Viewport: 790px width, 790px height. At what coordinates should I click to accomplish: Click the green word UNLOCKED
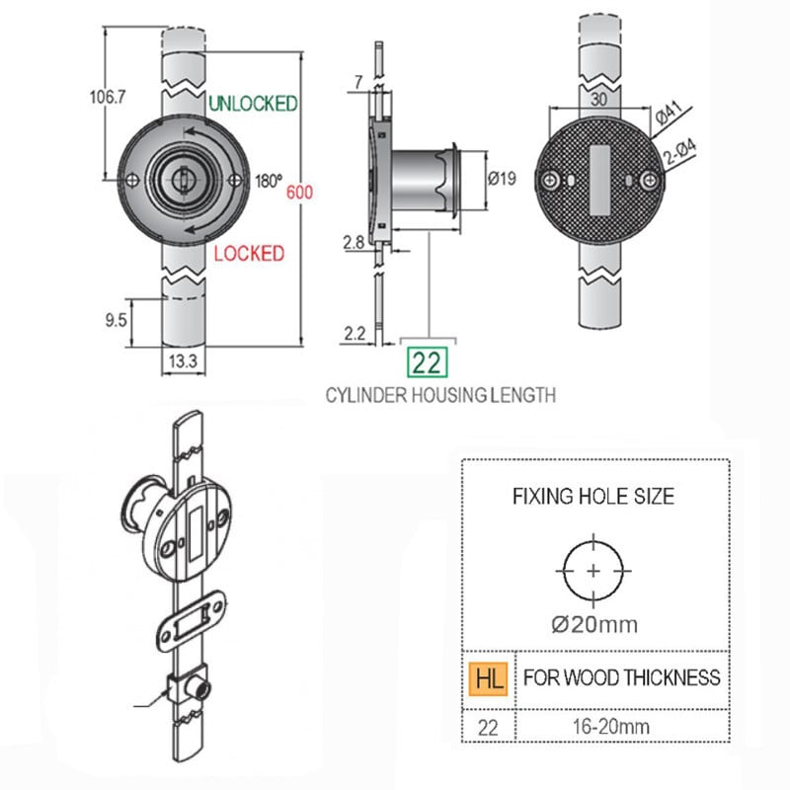point(253,104)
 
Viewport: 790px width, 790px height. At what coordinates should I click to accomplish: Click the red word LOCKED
point(249,253)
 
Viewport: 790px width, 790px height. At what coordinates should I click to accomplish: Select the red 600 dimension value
point(299,192)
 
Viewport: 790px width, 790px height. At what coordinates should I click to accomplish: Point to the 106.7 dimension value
point(108,97)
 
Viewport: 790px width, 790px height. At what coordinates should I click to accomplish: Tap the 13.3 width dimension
point(183,360)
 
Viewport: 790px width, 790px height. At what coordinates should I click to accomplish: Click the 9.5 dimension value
point(116,320)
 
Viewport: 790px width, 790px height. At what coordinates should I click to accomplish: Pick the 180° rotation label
point(269,181)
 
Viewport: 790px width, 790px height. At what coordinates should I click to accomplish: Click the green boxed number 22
point(428,362)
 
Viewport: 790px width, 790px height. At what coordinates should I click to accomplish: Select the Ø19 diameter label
point(502,178)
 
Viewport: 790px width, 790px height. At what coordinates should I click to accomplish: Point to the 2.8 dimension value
point(354,243)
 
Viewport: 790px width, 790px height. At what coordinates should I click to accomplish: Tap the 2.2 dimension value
point(355,333)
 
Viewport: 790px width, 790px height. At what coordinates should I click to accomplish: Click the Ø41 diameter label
point(670,113)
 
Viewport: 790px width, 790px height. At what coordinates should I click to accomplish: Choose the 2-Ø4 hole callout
point(680,152)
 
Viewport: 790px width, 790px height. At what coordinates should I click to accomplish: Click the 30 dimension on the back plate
point(598,99)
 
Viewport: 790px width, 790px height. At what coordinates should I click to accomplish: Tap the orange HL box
point(488,678)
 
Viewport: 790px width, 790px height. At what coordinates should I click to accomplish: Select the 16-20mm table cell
point(610,727)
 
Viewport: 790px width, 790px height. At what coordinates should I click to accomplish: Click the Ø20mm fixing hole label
point(594,625)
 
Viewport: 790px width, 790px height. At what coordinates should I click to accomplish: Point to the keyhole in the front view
point(182,179)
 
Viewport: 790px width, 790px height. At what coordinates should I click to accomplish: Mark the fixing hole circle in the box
point(593,541)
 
